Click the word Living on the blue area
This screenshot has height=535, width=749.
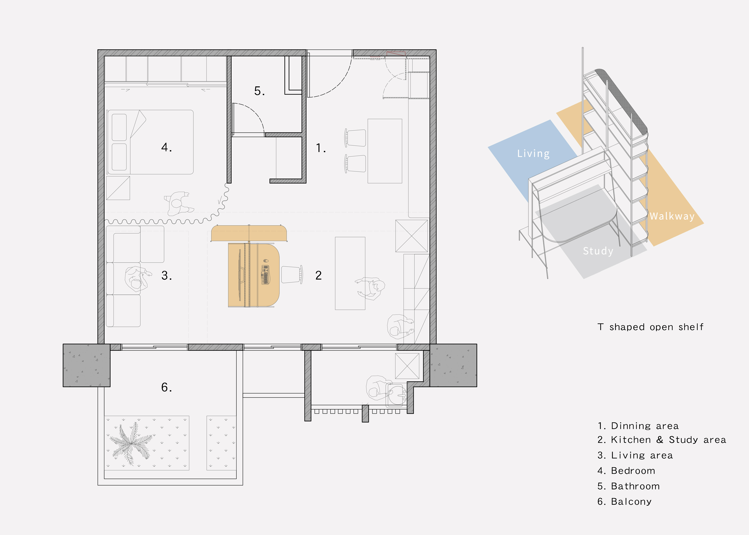(533, 153)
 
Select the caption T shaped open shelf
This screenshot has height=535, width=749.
(650, 327)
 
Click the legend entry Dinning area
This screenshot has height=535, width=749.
(638, 426)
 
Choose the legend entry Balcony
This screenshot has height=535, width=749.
(625, 501)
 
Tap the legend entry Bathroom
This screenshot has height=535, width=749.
(629, 486)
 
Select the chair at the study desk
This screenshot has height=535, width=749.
(292, 274)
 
